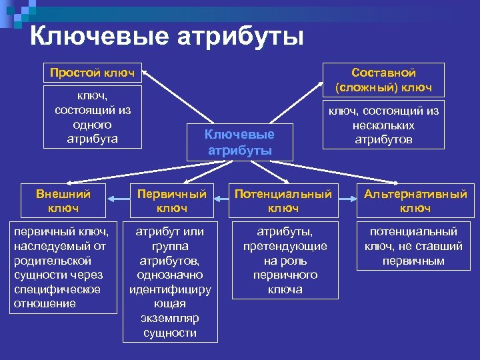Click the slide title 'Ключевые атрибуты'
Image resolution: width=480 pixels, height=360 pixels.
pos(167,36)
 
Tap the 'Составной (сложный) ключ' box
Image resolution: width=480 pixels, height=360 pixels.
pos(383,80)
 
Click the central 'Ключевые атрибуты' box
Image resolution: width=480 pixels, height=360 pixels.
pos(239,142)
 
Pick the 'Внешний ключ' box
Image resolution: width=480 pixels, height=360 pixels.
pos(63,201)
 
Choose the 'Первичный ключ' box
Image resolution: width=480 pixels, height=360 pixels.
pos(171,201)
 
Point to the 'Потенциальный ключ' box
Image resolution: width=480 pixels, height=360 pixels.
pos(283,201)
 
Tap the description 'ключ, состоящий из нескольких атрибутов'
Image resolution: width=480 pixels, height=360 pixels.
pos(383,125)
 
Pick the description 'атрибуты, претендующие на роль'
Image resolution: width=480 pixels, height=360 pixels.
pos(283,261)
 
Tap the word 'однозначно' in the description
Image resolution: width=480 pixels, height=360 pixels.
pos(170,275)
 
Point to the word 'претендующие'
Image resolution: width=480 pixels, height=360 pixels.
pos(283,246)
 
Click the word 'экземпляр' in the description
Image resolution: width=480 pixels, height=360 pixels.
pos(170,318)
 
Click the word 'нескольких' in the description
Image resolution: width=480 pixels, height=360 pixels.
pos(383,125)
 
